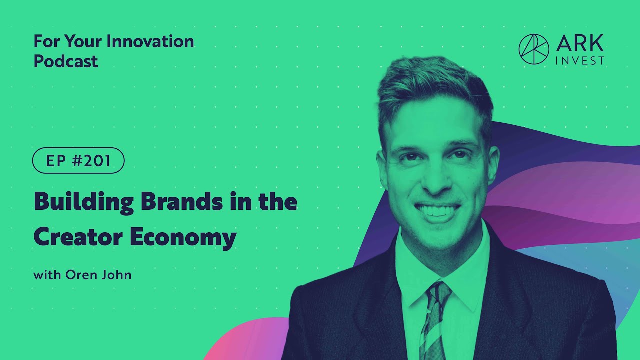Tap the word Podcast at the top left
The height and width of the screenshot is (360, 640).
pyautogui.click(x=66, y=61)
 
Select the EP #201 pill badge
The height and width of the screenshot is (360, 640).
pyautogui.click(x=78, y=161)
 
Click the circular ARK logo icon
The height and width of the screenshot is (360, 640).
pyautogui.click(x=534, y=49)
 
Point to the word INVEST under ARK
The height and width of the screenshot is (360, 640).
pyautogui.click(x=580, y=61)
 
